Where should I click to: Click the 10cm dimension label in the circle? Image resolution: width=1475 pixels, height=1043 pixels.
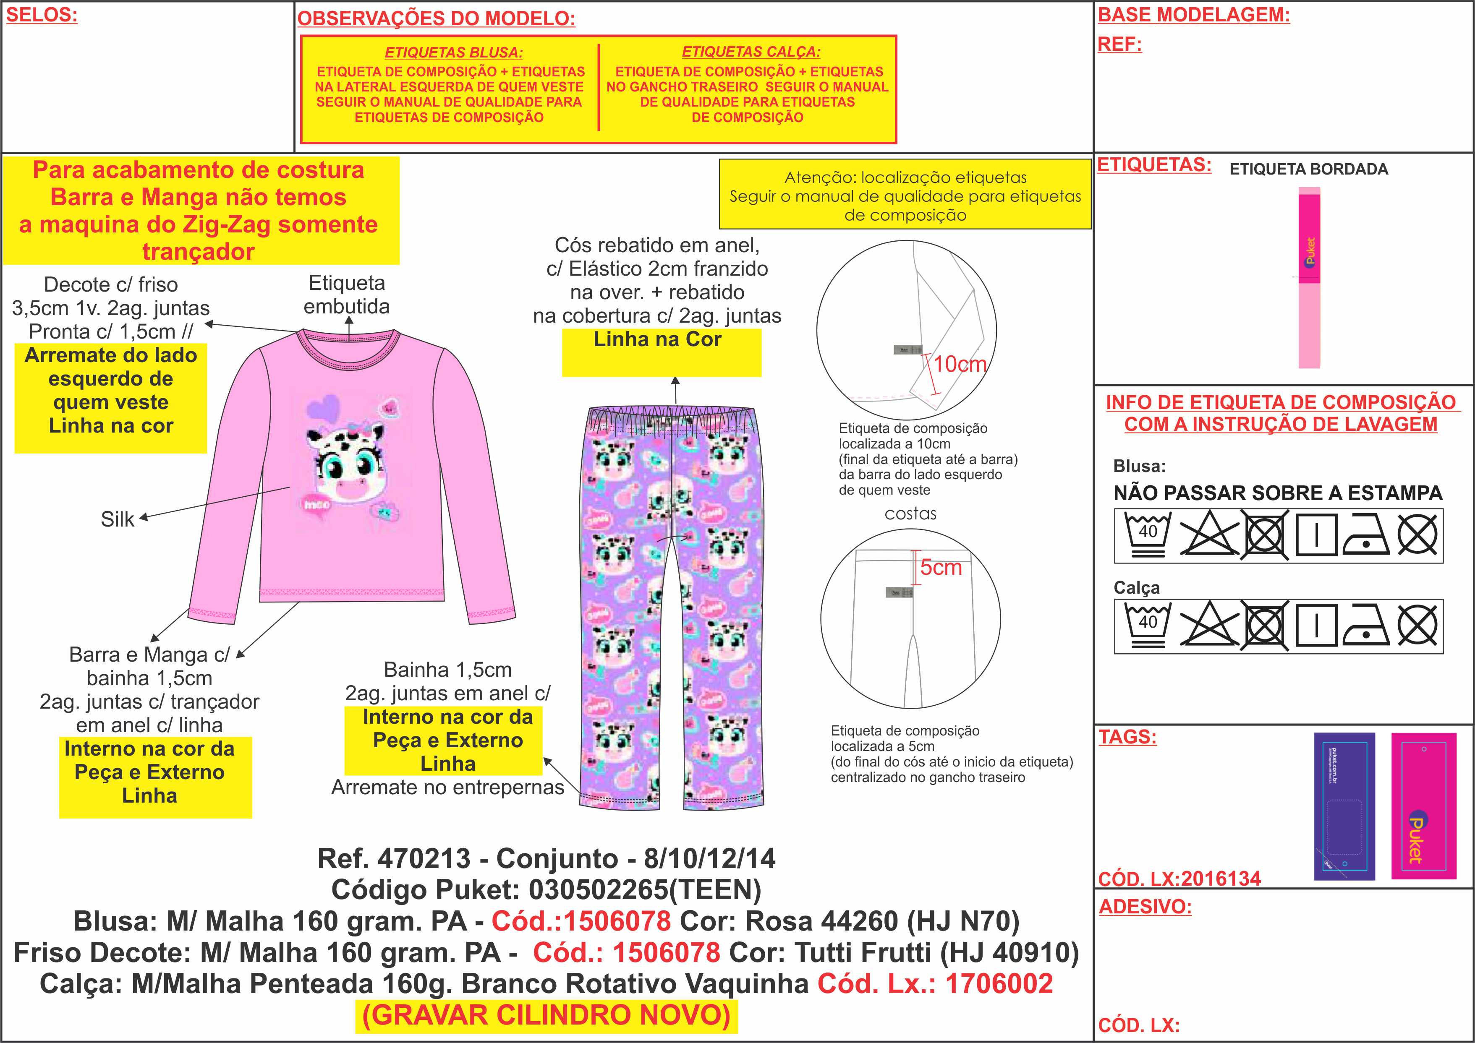[960, 364]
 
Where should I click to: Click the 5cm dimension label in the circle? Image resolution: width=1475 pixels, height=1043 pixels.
[941, 567]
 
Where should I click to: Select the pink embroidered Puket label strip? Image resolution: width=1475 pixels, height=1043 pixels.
[1309, 277]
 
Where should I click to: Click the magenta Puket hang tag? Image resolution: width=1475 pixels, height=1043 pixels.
[1423, 806]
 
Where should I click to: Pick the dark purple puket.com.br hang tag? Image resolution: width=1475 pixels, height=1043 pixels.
[1344, 806]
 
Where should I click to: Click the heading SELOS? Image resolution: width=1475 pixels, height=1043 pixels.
[42, 16]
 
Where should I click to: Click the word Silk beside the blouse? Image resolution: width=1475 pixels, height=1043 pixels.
[118, 519]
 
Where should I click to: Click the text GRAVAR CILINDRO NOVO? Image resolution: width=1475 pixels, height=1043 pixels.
[547, 1015]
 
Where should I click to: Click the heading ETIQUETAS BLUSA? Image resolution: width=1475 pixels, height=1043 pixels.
[454, 52]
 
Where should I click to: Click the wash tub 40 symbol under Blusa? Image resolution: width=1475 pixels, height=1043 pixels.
[1148, 534]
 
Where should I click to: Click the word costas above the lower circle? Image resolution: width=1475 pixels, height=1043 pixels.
[910, 514]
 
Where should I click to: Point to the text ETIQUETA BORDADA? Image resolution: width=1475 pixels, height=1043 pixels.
[1309, 169]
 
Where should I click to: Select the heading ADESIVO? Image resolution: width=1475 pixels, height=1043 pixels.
[1145, 906]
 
